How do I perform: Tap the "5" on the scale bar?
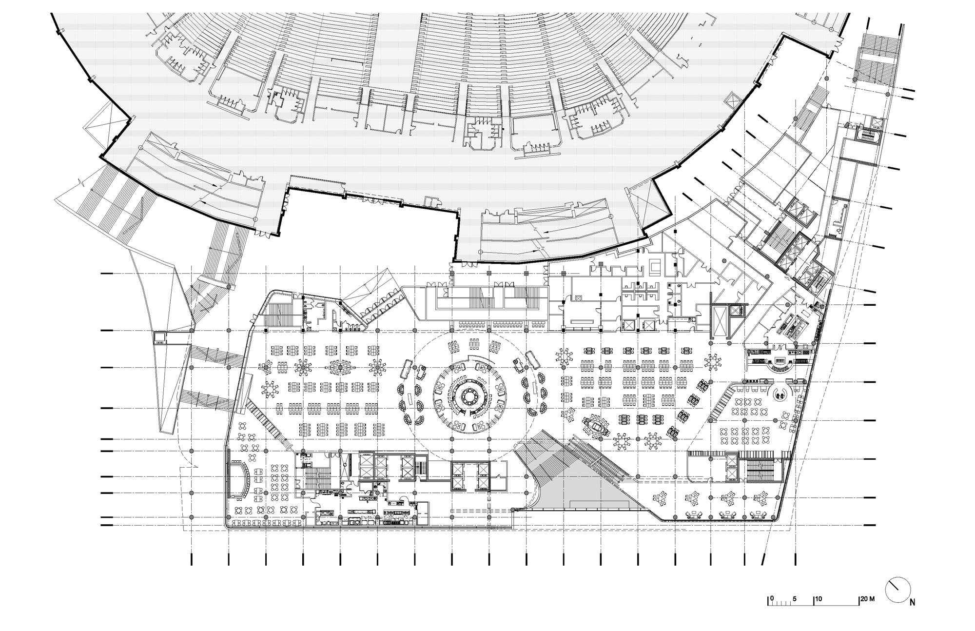(x=795, y=598)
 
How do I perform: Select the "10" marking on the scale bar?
(x=819, y=598)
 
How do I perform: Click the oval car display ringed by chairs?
(x=596, y=426)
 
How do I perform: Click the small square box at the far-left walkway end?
(x=159, y=337)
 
